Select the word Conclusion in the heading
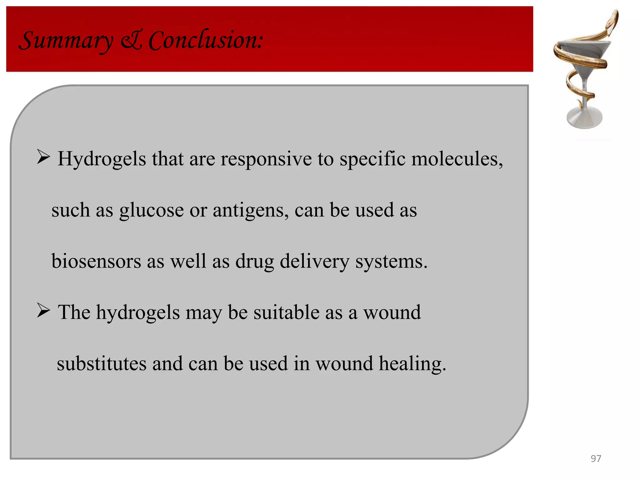206,41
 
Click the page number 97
596,458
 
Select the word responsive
266,159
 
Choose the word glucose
151,210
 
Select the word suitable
286,312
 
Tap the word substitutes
102,364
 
